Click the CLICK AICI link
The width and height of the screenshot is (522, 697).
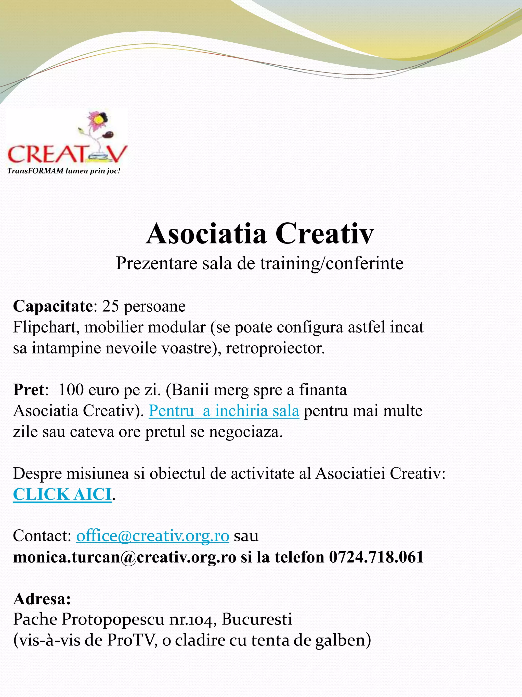click(x=62, y=494)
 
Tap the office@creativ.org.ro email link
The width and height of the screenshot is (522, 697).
click(x=153, y=536)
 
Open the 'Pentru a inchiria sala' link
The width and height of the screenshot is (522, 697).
click(x=224, y=411)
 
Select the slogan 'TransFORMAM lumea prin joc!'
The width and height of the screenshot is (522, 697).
click(x=64, y=171)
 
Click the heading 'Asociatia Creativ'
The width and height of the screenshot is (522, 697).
click(x=260, y=234)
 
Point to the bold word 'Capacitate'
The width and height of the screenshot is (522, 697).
click(x=53, y=306)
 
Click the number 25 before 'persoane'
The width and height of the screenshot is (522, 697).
click(x=110, y=306)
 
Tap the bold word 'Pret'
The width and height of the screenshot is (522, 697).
click(x=28, y=390)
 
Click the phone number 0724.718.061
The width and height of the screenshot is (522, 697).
click(x=376, y=557)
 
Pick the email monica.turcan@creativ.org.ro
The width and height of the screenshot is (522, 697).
click(x=125, y=557)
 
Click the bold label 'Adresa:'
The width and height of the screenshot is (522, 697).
click(x=42, y=599)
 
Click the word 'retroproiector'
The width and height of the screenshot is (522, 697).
click(x=274, y=348)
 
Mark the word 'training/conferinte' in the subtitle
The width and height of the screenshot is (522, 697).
click(x=332, y=263)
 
